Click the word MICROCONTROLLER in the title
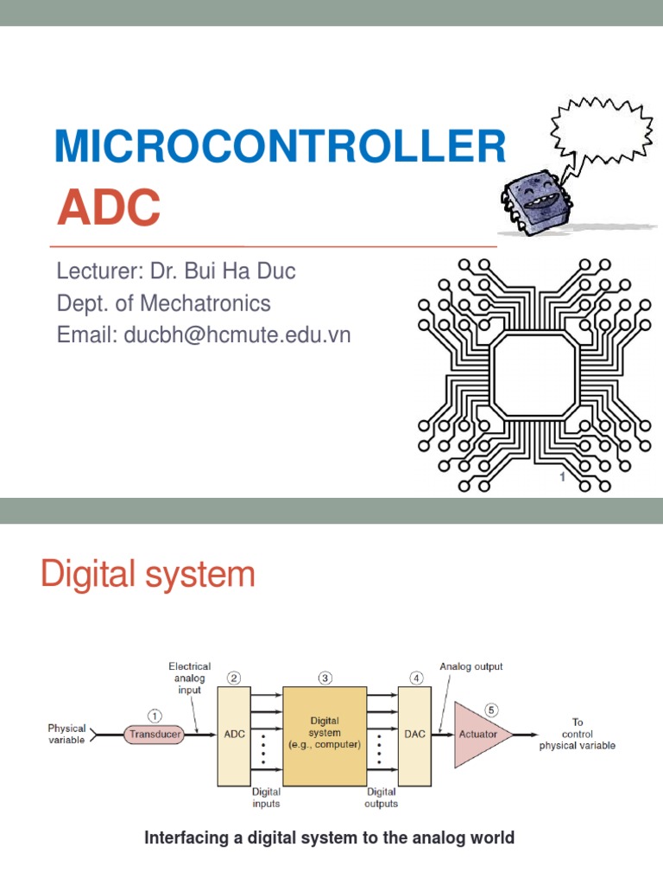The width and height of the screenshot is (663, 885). tap(280, 147)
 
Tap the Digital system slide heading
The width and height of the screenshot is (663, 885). tap(148, 575)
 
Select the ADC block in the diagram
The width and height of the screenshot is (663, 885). tap(234, 735)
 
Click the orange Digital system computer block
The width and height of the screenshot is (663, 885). tap(325, 735)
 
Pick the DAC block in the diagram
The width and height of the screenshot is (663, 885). tap(414, 735)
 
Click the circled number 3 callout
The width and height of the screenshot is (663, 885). tap(325, 678)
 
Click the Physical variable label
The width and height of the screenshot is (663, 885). tap(66, 735)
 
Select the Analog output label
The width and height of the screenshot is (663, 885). tap(470, 666)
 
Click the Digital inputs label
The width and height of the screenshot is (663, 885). tap(266, 797)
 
